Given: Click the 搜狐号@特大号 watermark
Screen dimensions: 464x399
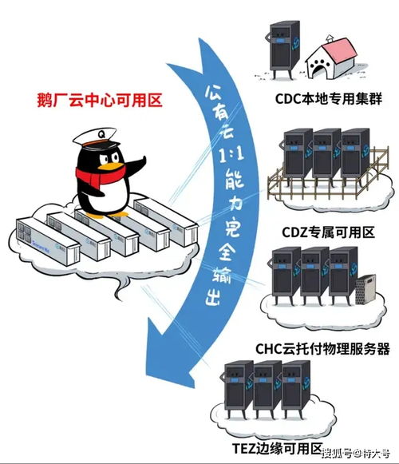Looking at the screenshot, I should pyautogui.click(x=357, y=455).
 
